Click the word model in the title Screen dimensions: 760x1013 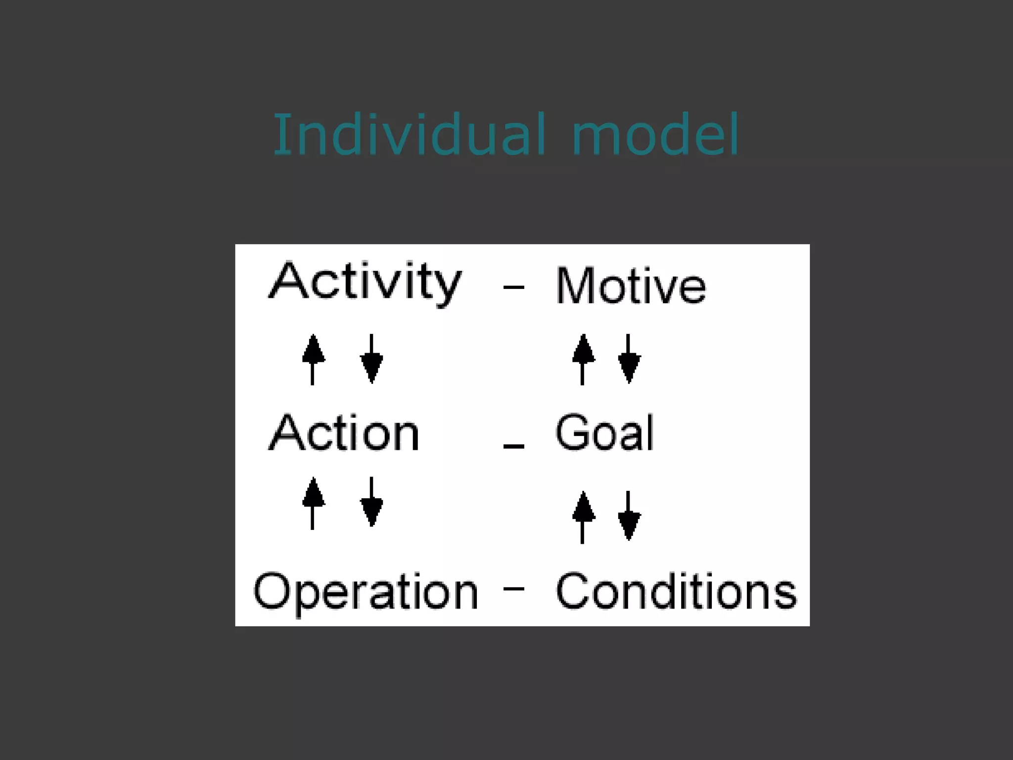(655, 135)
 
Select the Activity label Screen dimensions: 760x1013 (365, 282)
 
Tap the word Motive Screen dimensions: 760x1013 (631, 286)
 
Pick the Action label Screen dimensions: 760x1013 (344, 433)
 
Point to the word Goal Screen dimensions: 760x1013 (604, 433)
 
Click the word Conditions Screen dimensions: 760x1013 (676, 591)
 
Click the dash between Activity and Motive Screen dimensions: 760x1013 (513, 287)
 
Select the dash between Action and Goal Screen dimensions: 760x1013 (513, 446)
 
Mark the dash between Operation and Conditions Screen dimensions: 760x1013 (513, 588)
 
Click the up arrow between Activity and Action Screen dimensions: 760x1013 (313, 359)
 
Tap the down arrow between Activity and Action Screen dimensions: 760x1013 (371, 359)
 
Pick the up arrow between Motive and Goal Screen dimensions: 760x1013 (583, 359)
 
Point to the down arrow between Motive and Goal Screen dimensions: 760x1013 (629, 359)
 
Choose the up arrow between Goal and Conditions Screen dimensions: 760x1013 (583, 518)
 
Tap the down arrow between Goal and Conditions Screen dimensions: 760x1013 (629, 517)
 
